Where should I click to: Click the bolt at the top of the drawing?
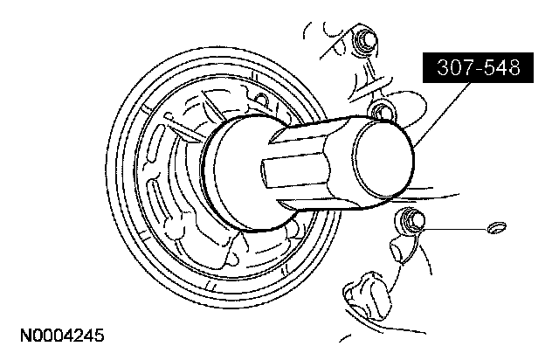click(x=365, y=40)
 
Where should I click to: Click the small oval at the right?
click(x=496, y=228)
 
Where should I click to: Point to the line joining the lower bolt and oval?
click(x=454, y=227)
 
